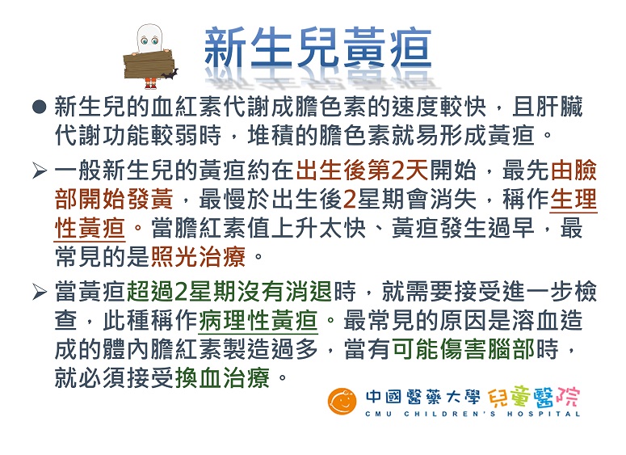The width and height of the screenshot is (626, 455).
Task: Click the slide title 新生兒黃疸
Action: [x=317, y=48]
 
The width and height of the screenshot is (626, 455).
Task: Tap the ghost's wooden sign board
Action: [x=147, y=64]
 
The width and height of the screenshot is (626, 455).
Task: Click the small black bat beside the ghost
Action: [x=170, y=74]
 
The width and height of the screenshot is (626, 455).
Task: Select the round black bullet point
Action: [x=40, y=107]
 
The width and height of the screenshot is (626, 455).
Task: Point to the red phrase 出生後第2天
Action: [x=362, y=171]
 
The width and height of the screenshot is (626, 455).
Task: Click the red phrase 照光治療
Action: [x=198, y=256]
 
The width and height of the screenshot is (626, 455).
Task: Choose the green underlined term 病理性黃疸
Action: [x=258, y=320]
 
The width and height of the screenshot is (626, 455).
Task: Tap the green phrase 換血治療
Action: [x=222, y=377]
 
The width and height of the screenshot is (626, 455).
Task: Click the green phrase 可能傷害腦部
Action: [x=464, y=349]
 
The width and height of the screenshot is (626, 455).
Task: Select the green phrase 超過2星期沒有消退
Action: [x=229, y=291]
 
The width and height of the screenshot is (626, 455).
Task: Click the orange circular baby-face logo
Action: [x=342, y=402]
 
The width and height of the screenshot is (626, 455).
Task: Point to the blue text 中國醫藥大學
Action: [x=422, y=397]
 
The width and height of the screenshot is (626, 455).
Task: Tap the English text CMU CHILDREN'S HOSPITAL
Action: [x=473, y=414]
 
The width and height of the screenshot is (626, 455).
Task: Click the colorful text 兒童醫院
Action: [x=533, y=397]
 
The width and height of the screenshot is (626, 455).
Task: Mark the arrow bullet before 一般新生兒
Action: [x=40, y=171]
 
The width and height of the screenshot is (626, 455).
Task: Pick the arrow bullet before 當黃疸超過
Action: [x=40, y=292]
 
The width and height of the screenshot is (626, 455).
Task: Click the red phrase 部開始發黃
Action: [x=114, y=199]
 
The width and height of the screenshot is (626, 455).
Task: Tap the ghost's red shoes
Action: [x=150, y=84]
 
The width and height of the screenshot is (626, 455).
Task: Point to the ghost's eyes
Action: [x=149, y=40]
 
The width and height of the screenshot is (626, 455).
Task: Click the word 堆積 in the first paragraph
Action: [x=271, y=136]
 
